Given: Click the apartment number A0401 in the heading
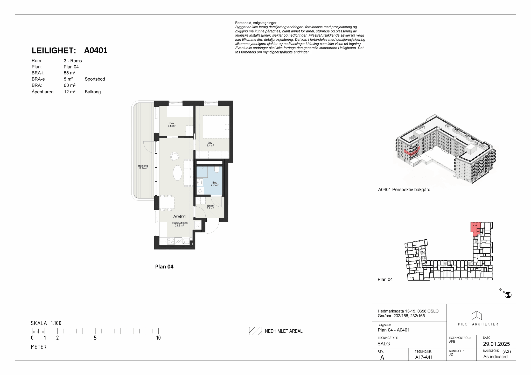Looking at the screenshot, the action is pos(96,50).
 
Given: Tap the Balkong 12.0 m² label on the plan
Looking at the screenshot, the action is pos(143,167).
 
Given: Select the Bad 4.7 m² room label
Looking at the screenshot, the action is pos(215,184).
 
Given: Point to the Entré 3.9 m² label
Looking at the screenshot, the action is pos(210,207).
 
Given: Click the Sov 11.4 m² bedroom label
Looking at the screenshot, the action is pos(210,144).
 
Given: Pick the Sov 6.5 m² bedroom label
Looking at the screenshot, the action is pos(172,124).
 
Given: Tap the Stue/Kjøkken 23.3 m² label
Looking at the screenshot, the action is pos(179,224).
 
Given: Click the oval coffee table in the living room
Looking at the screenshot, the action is pos(178,172).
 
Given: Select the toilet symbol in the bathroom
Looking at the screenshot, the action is pos(217,169).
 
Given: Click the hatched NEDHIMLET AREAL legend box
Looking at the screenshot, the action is pos(255,331).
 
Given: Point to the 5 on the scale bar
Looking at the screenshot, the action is pos(95,338).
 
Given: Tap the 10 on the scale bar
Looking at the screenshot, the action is pos(158,338).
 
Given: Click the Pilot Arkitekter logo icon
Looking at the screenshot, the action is pos(477,315).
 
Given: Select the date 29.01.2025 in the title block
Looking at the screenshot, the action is pos(496,344).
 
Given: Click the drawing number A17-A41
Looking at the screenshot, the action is pos(424,357).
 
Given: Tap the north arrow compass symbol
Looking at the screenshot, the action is pos(508,295).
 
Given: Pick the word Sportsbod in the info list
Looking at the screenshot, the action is pos(95,79).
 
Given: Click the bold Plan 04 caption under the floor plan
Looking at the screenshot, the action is pos(164,267).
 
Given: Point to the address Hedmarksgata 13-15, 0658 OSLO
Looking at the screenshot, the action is pos(408,311).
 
